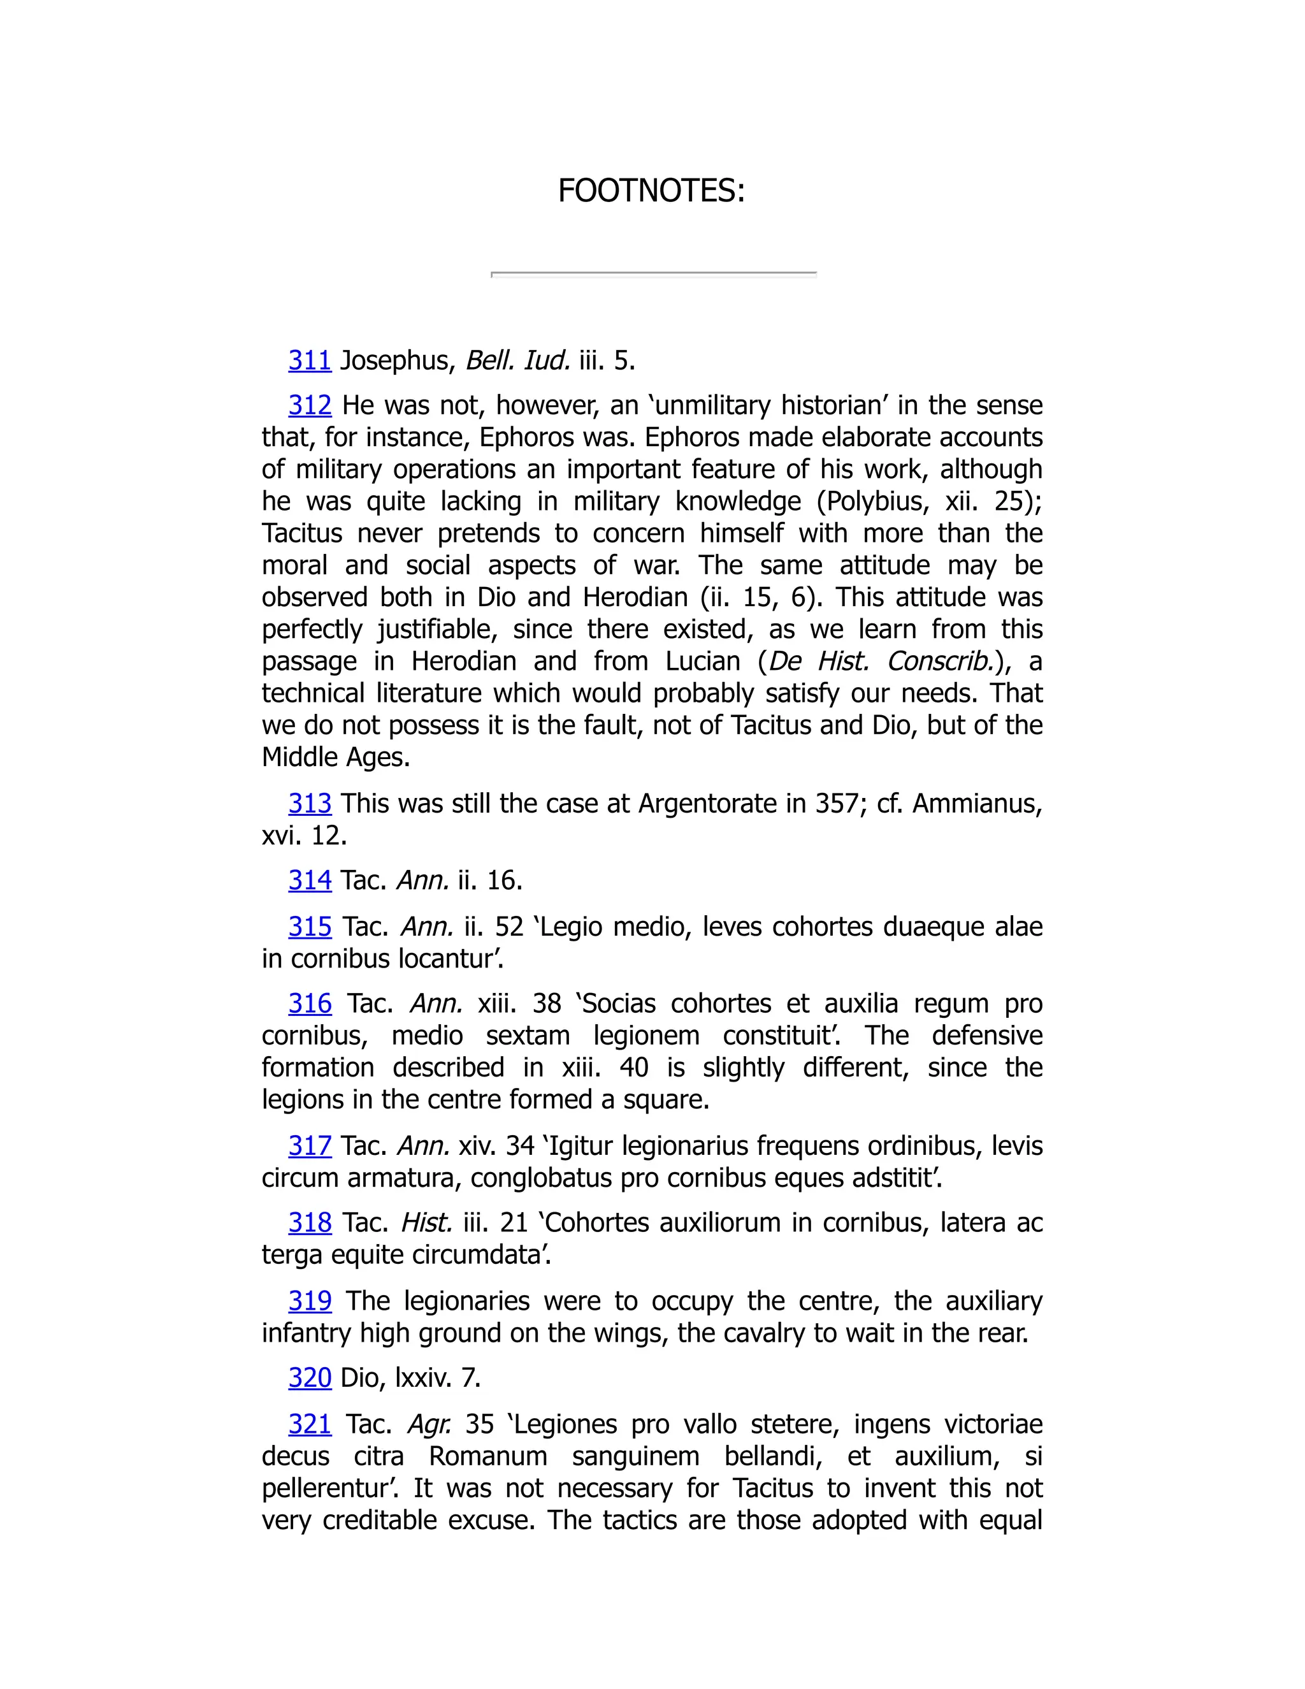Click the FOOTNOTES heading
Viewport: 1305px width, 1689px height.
(x=651, y=191)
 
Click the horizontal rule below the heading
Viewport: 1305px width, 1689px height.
(x=653, y=274)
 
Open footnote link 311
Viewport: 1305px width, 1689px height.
(x=309, y=360)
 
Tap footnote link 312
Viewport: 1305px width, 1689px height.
(x=309, y=405)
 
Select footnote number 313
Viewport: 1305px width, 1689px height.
(x=309, y=804)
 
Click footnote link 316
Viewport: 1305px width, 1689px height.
(x=309, y=1004)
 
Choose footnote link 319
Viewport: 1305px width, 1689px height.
(x=309, y=1301)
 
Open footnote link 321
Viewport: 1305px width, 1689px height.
(x=309, y=1424)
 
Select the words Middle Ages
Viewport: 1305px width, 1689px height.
(x=336, y=757)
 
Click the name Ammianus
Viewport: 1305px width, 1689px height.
(x=976, y=804)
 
